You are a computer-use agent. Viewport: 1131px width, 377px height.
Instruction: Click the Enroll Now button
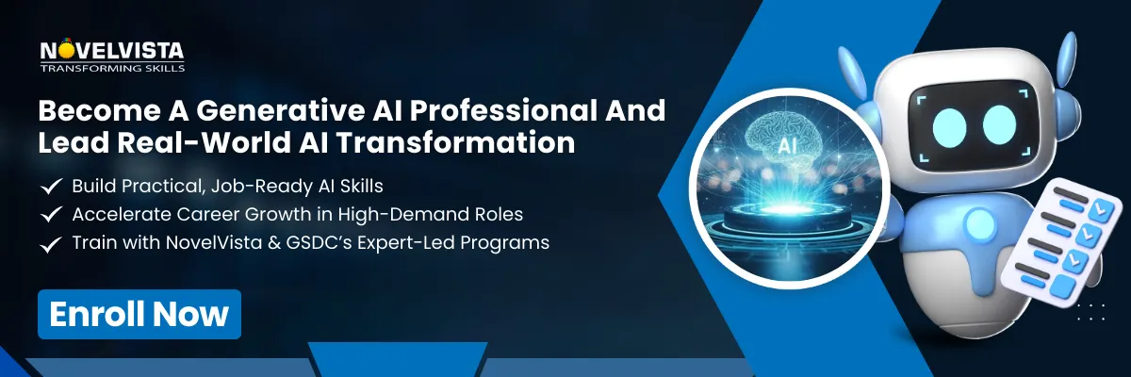pos(139,314)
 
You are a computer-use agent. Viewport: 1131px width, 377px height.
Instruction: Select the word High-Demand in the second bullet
pos(384,215)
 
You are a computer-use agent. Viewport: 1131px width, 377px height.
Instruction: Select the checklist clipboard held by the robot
pos(1054,239)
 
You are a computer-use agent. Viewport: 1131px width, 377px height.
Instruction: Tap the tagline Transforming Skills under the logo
pos(112,68)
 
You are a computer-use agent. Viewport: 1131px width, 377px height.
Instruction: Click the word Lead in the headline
pos(70,143)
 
